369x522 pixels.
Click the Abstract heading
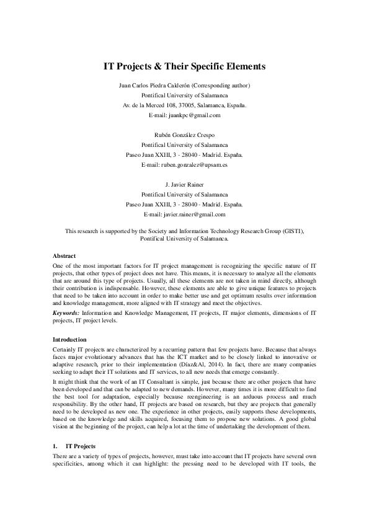(64, 255)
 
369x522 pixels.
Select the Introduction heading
(70, 340)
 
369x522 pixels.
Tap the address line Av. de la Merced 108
(146, 105)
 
